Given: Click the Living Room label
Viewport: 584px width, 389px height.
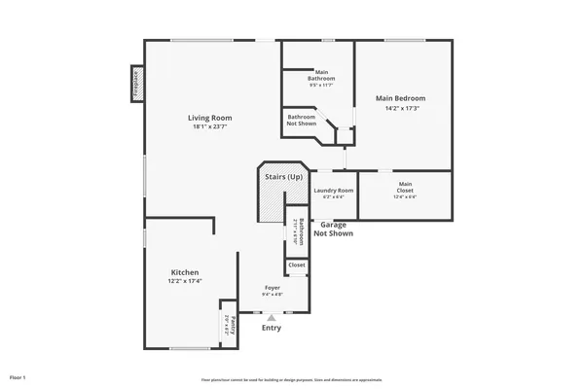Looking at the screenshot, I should point(209,118).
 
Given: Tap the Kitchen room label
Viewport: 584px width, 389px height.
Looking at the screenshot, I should point(185,272).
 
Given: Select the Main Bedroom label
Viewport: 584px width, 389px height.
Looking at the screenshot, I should point(400,98).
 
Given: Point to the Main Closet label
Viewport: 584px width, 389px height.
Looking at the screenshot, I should point(405,184).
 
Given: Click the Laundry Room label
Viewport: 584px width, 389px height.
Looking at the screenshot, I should point(333,190).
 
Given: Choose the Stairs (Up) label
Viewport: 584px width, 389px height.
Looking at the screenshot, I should point(283,177).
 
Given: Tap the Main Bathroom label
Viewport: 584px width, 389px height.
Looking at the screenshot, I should point(321,73).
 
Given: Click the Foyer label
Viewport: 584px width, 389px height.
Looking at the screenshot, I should point(274,288).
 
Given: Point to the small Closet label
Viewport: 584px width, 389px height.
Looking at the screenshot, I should point(297,265).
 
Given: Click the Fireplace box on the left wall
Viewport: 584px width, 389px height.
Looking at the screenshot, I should point(136,83).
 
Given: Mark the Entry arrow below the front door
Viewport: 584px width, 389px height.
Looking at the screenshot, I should point(272,316).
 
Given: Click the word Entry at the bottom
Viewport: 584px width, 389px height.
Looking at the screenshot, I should point(272,328).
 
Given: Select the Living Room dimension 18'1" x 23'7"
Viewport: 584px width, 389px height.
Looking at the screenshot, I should point(209,126).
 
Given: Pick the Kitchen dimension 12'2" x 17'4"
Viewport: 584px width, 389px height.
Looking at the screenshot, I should point(185,282).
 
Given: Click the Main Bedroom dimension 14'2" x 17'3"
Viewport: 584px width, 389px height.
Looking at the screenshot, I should point(400,107).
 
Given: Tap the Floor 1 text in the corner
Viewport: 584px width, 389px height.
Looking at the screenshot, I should point(18,376).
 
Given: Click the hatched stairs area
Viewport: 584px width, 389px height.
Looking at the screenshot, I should point(270,206).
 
